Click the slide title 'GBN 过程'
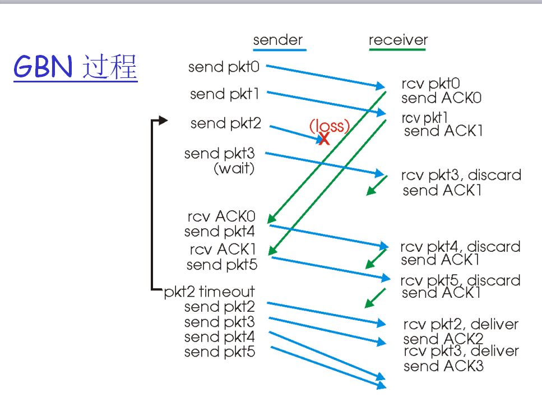coord(75,68)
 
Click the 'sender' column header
coord(278,40)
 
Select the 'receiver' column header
coord(398,40)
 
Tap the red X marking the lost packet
coord(324,138)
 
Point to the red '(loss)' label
coord(330,126)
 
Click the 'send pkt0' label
coord(224,67)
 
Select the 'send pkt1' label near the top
coord(224,94)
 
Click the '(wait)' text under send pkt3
coord(234,168)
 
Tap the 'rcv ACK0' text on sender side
coord(221,216)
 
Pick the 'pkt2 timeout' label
coord(209,292)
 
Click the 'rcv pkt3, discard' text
coord(461,175)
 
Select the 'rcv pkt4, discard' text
coord(460,247)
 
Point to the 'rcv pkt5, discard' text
coord(460,280)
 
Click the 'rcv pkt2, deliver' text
coord(461,324)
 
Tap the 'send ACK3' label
coord(443,366)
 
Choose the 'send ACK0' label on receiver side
coord(442,98)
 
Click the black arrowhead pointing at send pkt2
coord(163,120)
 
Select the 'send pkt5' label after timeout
coord(220,352)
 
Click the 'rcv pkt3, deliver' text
coord(461,352)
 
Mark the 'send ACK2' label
coord(443,339)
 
